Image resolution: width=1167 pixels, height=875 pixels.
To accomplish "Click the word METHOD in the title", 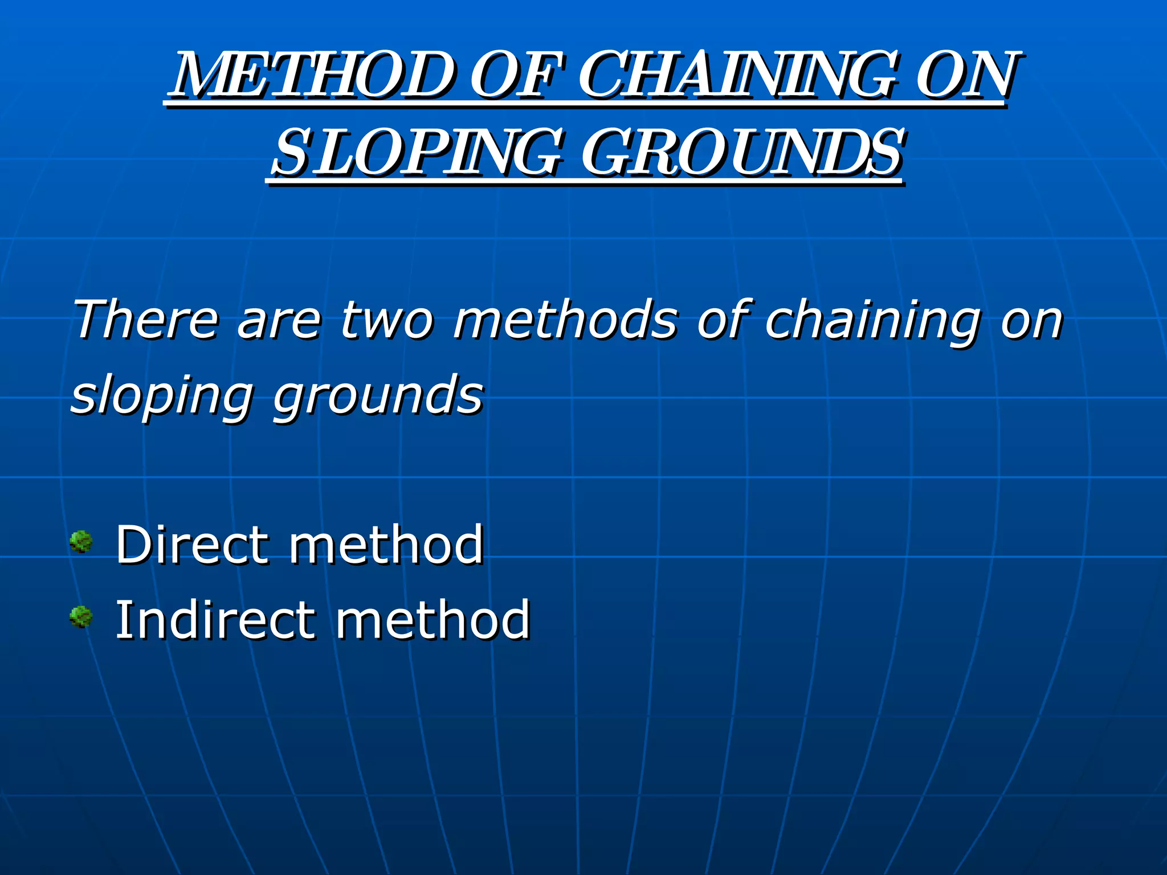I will [313, 75].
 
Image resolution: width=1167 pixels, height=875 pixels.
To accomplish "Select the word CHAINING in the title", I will [737, 75].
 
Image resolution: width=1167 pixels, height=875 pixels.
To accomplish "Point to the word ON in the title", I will [965, 75].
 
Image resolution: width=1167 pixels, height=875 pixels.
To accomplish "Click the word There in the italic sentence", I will [146, 320].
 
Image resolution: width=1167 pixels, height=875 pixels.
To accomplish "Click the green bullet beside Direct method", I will [81, 542].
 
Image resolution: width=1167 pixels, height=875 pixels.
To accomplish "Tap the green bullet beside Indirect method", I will [81, 617].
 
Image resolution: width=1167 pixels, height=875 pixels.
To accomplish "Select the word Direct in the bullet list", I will [191, 545].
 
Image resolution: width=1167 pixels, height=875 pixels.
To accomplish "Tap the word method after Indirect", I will [433, 620].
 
